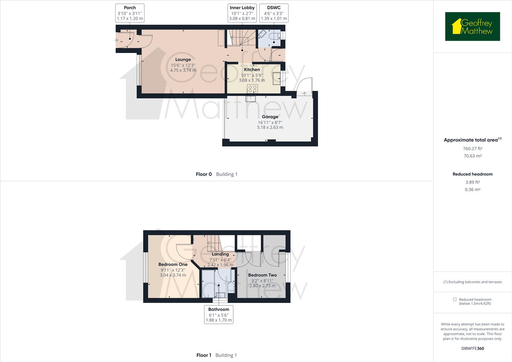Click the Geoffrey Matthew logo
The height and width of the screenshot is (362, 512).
472,26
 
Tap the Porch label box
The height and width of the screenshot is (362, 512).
130,13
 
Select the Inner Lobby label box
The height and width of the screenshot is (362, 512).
242,13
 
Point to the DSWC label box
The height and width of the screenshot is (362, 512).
274,13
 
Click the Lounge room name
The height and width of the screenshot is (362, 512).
183,60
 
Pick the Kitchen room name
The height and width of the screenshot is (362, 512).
252,70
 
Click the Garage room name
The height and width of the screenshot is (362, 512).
270,117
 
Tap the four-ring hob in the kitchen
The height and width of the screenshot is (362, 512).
253,88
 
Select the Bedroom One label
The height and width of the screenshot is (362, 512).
173,264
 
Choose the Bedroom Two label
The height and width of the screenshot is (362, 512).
262,275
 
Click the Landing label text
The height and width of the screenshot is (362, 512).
220,254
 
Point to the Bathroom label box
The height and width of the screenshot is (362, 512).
219,314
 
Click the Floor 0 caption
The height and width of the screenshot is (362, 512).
204,174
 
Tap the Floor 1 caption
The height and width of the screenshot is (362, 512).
204,355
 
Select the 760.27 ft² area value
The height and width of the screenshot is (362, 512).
472,149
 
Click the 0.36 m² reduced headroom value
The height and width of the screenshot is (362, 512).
472,190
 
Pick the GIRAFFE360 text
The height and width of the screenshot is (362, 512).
472,349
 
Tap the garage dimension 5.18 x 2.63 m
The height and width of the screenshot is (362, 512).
270,127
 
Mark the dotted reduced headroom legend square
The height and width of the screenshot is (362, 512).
455,299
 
